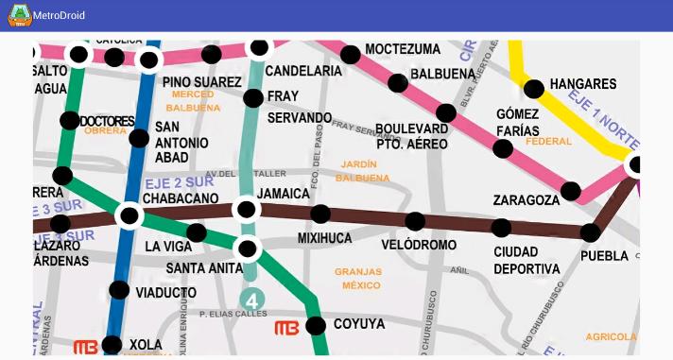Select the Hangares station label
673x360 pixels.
click(x=582, y=84)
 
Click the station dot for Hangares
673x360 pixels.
click(x=534, y=90)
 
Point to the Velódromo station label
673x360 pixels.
click(x=419, y=245)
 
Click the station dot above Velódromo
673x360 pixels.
click(x=415, y=222)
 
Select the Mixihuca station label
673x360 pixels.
click(x=324, y=238)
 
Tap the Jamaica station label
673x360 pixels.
click(x=284, y=194)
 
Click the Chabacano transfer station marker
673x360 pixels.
click(x=129, y=215)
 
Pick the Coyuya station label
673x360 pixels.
click(x=359, y=324)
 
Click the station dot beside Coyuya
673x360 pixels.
click(x=317, y=325)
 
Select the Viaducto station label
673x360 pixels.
click(x=165, y=293)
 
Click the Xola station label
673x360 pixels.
click(x=146, y=345)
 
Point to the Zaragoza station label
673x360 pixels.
click(x=526, y=200)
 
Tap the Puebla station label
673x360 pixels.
click(x=604, y=256)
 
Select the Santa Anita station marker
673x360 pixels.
click(x=248, y=249)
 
